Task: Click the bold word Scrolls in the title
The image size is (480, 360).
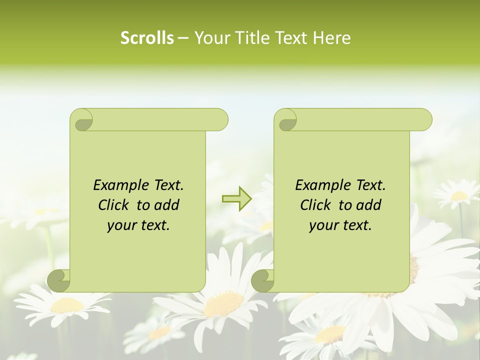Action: click(x=147, y=38)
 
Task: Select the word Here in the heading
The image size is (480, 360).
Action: click(x=332, y=38)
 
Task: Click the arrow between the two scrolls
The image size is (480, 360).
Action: click(x=236, y=199)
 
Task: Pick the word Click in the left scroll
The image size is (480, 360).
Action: click(x=115, y=205)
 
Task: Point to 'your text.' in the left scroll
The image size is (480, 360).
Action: click(x=138, y=225)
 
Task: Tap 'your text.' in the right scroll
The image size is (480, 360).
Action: click(x=340, y=225)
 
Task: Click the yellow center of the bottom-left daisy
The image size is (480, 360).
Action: click(x=67, y=305)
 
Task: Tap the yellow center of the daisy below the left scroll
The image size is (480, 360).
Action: click(x=223, y=303)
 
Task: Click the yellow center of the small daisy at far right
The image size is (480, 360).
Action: click(x=459, y=195)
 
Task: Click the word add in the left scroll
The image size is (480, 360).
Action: click(x=166, y=205)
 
